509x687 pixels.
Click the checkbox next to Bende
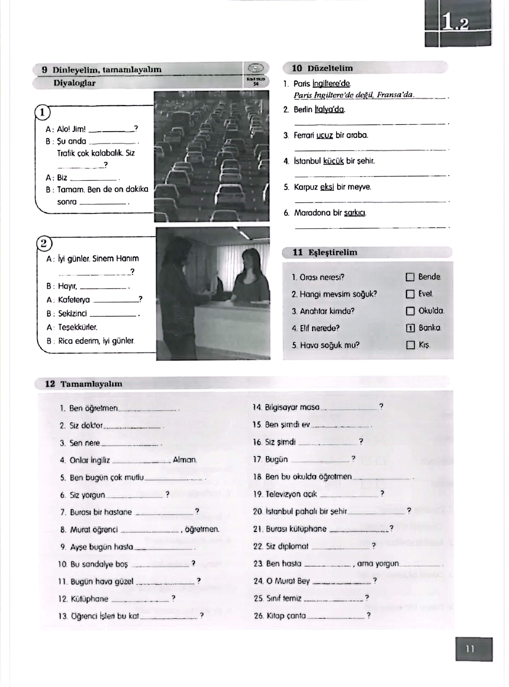point(410,277)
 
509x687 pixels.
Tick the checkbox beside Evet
point(410,294)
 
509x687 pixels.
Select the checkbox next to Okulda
point(410,311)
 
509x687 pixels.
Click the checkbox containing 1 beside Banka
point(410,328)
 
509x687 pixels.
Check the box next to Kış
point(410,345)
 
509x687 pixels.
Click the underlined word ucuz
point(325,135)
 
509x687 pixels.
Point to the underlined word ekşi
point(327,187)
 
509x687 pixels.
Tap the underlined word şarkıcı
point(355,213)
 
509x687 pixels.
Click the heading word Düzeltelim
point(330,68)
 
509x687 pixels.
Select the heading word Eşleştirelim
point(333,252)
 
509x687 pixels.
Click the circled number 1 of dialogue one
point(43,113)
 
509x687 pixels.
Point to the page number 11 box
point(473,649)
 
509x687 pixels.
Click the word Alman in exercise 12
point(184,460)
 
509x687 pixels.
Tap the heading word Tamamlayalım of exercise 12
point(91,384)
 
